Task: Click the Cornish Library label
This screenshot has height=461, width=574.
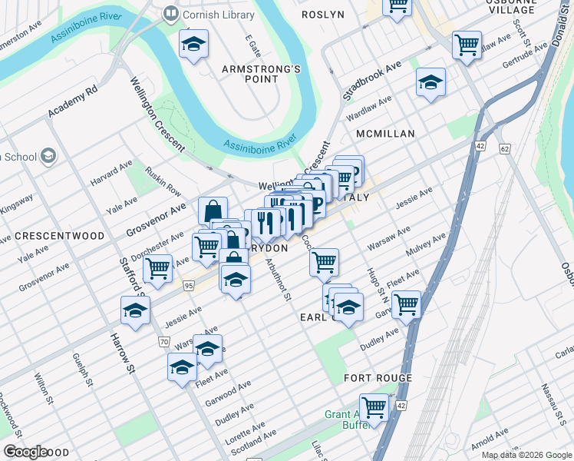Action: [207, 14]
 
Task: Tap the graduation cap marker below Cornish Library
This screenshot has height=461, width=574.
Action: [193, 45]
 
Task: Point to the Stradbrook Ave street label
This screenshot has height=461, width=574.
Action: [372, 81]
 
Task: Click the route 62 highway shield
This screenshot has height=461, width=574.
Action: [504, 148]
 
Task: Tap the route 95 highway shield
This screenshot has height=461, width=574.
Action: [189, 285]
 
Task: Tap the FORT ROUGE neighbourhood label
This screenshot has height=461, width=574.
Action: [378, 378]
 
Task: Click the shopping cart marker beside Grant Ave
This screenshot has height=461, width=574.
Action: [374, 406]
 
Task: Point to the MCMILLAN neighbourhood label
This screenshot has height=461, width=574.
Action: [384, 134]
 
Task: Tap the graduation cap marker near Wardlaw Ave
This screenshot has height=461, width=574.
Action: [430, 82]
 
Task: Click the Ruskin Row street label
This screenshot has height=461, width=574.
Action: [163, 181]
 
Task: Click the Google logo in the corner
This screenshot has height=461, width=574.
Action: [25, 452]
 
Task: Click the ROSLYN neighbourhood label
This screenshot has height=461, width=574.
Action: [322, 15]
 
